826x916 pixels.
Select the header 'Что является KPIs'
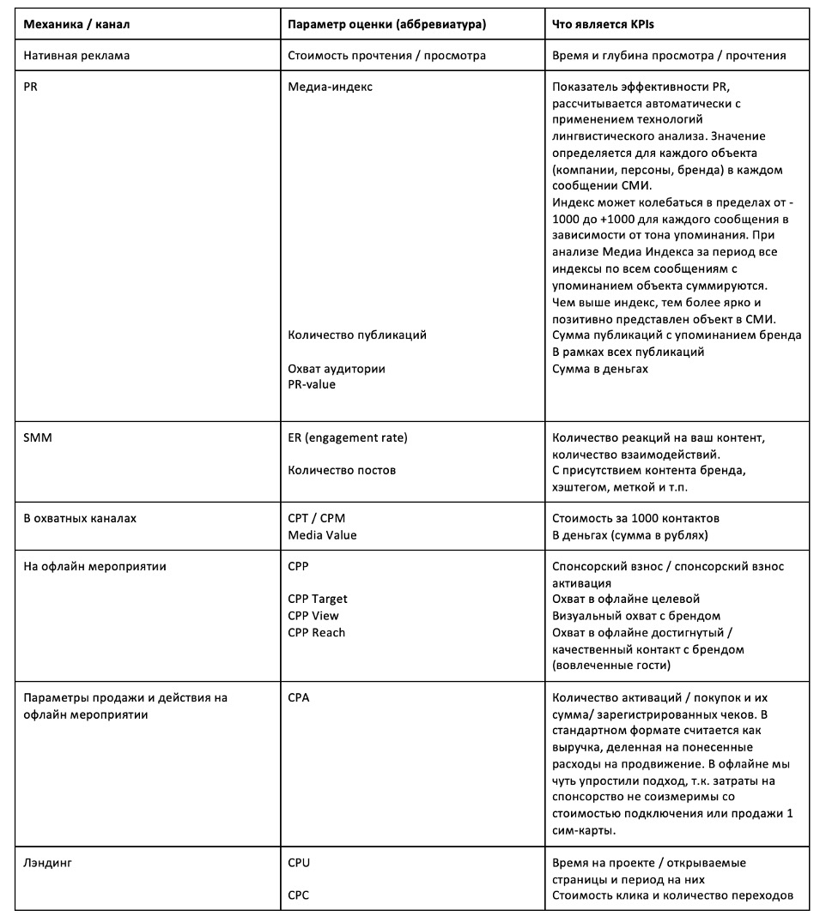pyautogui.click(x=603, y=25)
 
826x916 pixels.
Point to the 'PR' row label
pyautogui.click(x=31, y=87)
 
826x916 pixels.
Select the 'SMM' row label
pyautogui.click(x=36, y=437)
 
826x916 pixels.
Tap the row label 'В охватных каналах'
pyautogui.click(x=80, y=519)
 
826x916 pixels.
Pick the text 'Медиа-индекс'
pyautogui.click(x=331, y=87)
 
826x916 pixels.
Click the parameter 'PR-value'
pyautogui.click(x=312, y=384)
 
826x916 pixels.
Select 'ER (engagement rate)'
pyautogui.click(x=348, y=437)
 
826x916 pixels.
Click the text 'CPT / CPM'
pyautogui.click(x=317, y=519)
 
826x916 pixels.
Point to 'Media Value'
pyautogui.click(x=322, y=535)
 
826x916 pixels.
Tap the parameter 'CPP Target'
pyautogui.click(x=318, y=600)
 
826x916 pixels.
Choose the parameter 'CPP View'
pyautogui.click(x=313, y=616)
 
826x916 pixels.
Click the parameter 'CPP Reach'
pyautogui.click(x=316, y=632)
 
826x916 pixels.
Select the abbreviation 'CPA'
pyautogui.click(x=299, y=697)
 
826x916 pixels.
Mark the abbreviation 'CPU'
pyautogui.click(x=299, y=863)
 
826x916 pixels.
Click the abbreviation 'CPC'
pyautogui.click(x=299, y=895)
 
